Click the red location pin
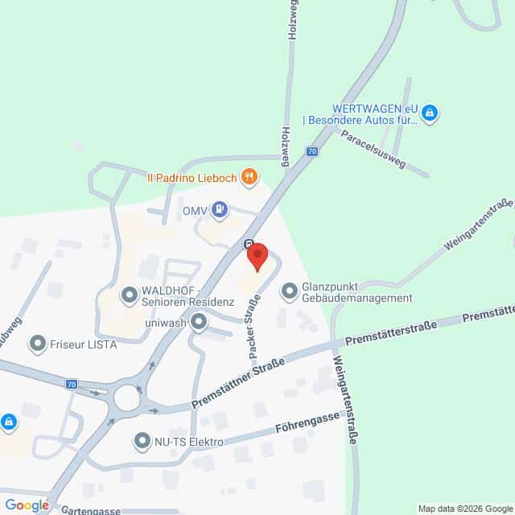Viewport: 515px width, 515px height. [x=257, y=257]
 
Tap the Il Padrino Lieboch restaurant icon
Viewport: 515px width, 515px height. [x=250, y=175]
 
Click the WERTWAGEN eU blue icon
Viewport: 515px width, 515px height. [x=430, y=113]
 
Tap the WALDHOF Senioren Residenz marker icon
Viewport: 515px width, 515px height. [x=129, y=295]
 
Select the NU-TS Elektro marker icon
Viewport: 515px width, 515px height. [x=142, y=441]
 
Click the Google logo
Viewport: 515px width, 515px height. [x=26, y=505]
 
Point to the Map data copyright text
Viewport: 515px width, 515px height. [x=464, y=509]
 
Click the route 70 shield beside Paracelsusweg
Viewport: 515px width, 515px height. [x=312, y=151]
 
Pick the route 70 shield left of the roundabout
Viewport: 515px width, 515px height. [x=72, y=385]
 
